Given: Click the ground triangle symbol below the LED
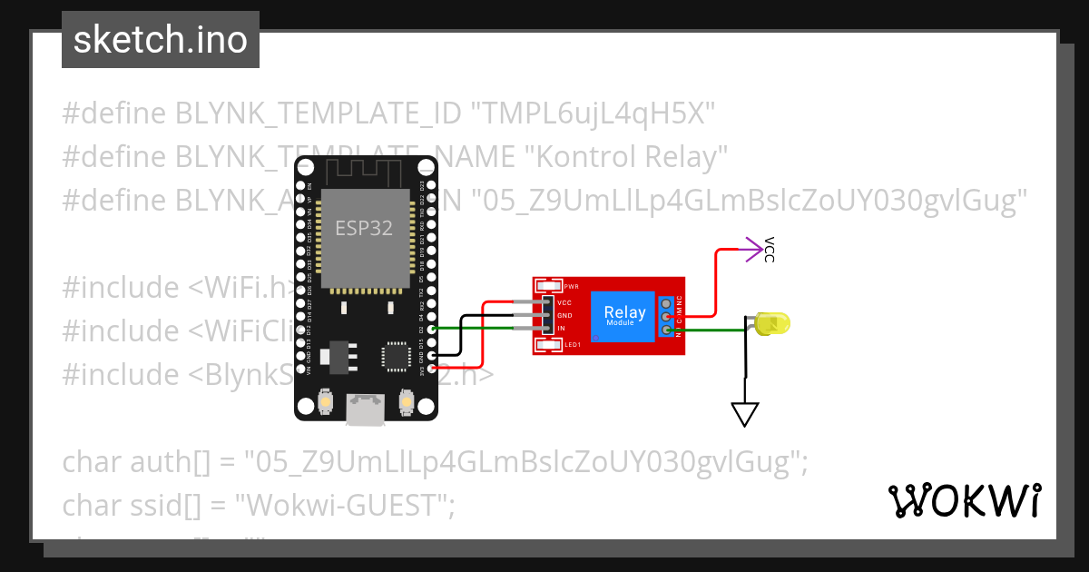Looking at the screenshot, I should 745,414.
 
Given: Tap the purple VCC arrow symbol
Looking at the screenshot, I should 752,250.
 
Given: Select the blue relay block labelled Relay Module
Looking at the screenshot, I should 624,316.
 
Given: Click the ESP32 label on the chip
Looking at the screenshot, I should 364,228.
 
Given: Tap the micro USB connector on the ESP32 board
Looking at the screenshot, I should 366,410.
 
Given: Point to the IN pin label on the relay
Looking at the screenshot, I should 561,328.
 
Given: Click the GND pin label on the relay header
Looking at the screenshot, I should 564,315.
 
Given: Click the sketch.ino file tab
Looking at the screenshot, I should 161,40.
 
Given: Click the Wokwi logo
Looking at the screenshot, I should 964,500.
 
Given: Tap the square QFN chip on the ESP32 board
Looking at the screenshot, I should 396,356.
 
